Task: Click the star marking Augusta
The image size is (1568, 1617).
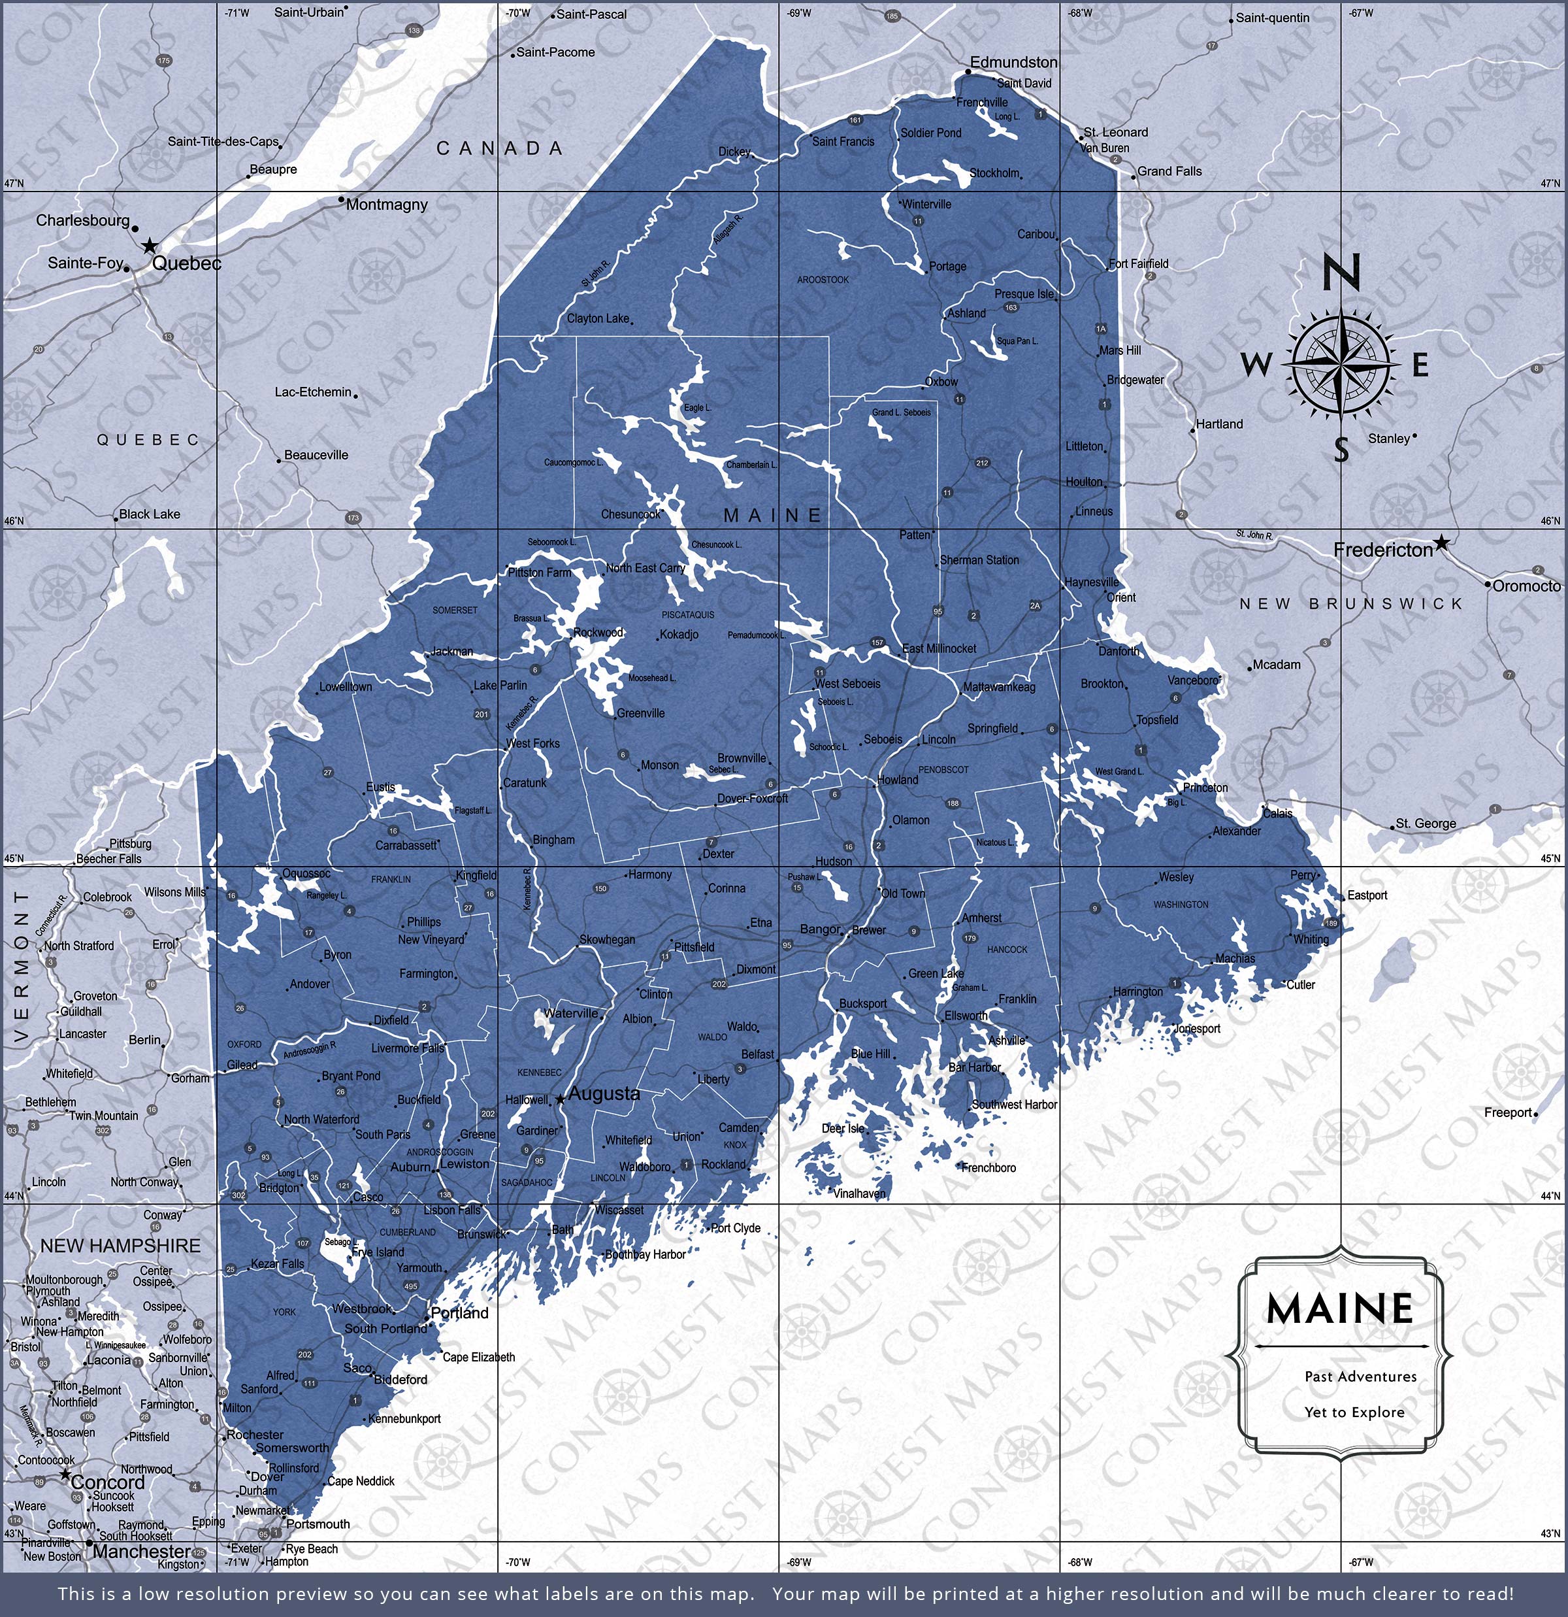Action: (560, 1098)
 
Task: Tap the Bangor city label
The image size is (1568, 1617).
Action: (819, 929)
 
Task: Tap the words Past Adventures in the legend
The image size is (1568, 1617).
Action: (1348, 1376)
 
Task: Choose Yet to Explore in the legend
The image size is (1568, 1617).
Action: (1354, 1412)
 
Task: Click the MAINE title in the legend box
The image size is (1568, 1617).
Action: (1339, 1309)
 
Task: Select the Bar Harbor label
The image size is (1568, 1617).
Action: (974, 1067)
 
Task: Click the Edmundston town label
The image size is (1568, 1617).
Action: (1013, 62)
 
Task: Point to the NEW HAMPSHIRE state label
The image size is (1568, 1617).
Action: (120, 1246)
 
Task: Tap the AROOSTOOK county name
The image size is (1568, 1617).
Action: (823, 280)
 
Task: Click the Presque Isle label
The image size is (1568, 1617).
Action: (1024, 293)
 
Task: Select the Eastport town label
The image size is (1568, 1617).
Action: (1367, 895)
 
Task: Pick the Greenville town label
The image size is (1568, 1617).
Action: (640, 713)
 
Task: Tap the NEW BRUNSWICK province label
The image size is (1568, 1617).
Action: (1350, 604)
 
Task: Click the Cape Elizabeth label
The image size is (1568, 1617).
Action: (478, 1356)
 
